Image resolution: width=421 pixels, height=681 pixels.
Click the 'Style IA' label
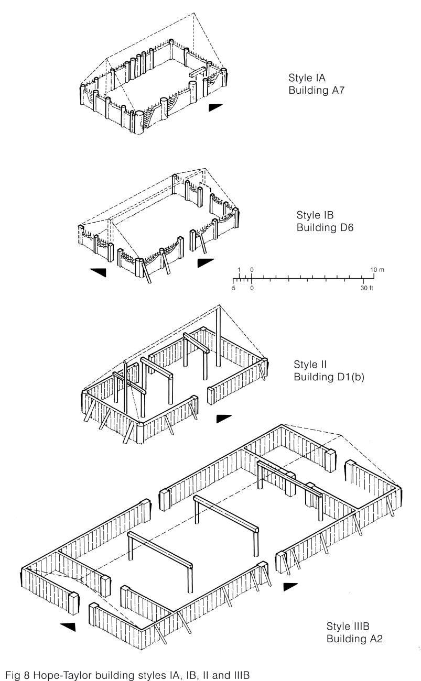[307, 78]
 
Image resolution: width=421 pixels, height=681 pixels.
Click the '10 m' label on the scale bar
[378, 270]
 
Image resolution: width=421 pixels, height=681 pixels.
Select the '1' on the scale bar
[240, 270]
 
